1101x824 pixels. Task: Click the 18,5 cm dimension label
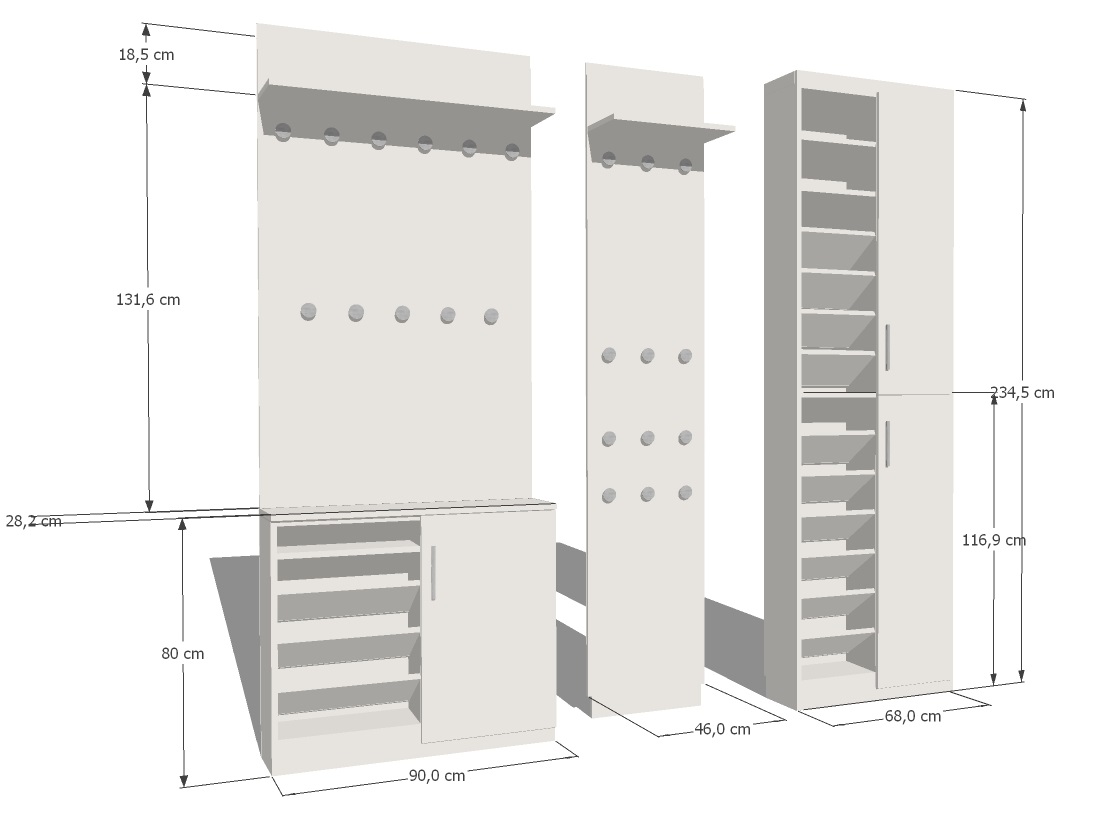point(146,54)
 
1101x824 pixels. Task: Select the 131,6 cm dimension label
point(148,300)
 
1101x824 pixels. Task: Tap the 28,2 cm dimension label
point(34,521)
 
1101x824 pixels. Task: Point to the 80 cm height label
point(183,653)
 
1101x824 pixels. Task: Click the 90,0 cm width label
point(437,775)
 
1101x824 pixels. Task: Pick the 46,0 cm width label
point(723,729)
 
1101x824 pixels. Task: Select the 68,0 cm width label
point(913,716)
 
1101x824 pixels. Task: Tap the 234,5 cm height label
point(1022,392)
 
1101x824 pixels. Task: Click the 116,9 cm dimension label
point(994,540)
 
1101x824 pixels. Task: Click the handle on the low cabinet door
point(433,573)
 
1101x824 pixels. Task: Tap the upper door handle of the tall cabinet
point(888,347)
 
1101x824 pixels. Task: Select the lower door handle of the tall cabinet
point(888,444)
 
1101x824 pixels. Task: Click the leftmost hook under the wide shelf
point(283,132)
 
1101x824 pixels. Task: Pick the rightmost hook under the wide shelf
point(512,152)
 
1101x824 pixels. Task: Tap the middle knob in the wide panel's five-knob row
point(402,314)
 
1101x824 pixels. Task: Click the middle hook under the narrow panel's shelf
point(647,164)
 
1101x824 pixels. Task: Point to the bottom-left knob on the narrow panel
point(609,496)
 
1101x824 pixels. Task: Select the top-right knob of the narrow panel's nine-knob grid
point(685,357)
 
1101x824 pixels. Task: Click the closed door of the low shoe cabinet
point(488,628)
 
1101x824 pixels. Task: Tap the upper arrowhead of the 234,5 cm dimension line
point(1022,105)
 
